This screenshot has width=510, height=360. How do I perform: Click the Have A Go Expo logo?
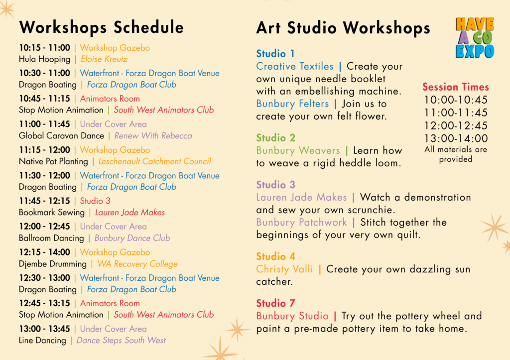475,38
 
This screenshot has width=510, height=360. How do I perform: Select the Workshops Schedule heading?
102,27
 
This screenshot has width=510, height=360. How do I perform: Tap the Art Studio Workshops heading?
343,28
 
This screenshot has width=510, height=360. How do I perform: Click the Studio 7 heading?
275,303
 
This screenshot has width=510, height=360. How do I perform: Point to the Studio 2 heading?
275,138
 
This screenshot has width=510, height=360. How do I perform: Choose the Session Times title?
455,87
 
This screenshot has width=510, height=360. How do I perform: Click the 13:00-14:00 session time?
456,138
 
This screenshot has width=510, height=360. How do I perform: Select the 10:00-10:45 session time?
456,100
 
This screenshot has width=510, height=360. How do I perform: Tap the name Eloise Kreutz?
104,59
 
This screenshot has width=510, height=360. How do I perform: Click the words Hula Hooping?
44,60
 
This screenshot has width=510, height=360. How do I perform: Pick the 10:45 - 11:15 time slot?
44,99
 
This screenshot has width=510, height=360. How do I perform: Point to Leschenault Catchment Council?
154,161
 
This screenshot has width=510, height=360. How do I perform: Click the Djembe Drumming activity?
53,264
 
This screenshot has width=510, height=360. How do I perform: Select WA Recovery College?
137,264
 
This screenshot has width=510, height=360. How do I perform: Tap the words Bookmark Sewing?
52,212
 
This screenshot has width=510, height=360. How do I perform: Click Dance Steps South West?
121,341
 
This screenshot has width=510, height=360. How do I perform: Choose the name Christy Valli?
284,269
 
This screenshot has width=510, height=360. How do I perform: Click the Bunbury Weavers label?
298,150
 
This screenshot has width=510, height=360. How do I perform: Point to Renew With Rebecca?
153,135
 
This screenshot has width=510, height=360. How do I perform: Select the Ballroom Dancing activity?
51,238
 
